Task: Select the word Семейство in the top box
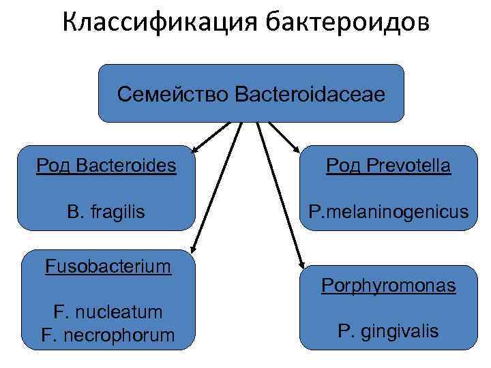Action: [x=172, y=93]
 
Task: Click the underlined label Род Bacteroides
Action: [x=106, y=166]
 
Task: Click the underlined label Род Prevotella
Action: [x=388, y=166]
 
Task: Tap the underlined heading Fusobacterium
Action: [x=108, y=265]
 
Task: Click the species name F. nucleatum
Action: [x=108, y=312]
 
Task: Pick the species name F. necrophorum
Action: [x=108, y=335]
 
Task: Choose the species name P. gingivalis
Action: [x=389, y=332]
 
